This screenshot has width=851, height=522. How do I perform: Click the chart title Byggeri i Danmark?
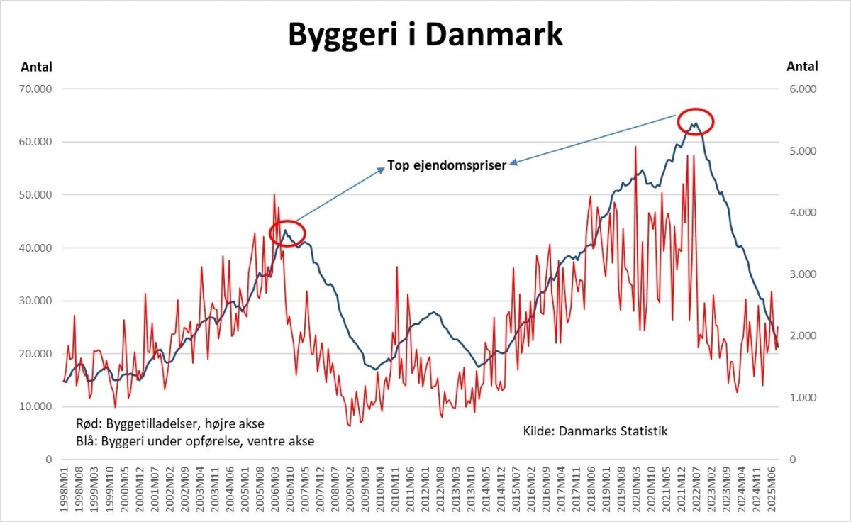click(425, 33)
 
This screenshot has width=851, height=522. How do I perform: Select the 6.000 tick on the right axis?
click(802, 89)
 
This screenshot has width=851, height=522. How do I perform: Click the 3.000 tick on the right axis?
click(802, 274)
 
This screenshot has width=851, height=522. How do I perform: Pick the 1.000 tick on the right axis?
click(802, 398)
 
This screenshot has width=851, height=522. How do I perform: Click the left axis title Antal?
click(36, 67)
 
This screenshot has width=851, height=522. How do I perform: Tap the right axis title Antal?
click(802, 67)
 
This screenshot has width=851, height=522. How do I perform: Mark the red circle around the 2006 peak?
click(287, 233)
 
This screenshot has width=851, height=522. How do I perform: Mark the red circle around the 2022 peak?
click(695, 121)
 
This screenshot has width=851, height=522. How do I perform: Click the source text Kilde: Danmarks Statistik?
click(596, 431)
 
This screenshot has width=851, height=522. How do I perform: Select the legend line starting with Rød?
click(169, 424)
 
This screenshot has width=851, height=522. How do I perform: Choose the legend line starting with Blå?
click(194, 441)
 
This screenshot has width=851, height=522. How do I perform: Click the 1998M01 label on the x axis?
click(65, 489)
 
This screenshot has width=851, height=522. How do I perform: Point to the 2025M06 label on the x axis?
click(775, 489)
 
